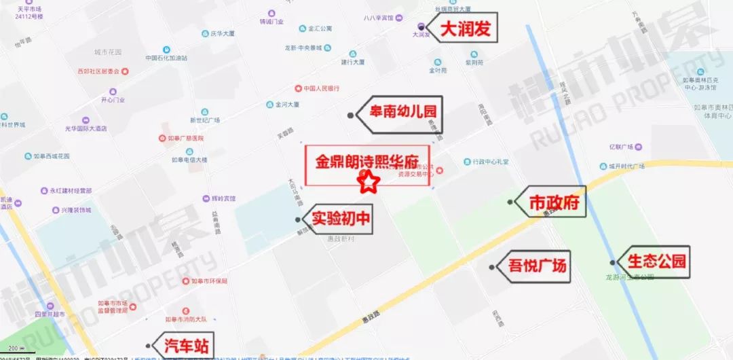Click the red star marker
click(x=368, y=182)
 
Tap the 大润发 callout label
click(x=466, y=29)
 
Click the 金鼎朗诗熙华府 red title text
click(x=367, y=162)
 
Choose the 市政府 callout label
click(x=557, y=202)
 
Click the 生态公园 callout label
click(x=656, y=262)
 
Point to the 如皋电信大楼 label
click(x=189, y=160)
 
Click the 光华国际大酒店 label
click(x=86, y=128)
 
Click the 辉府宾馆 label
click(x=219, y=198)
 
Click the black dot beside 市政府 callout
click(x=510, y=202)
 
